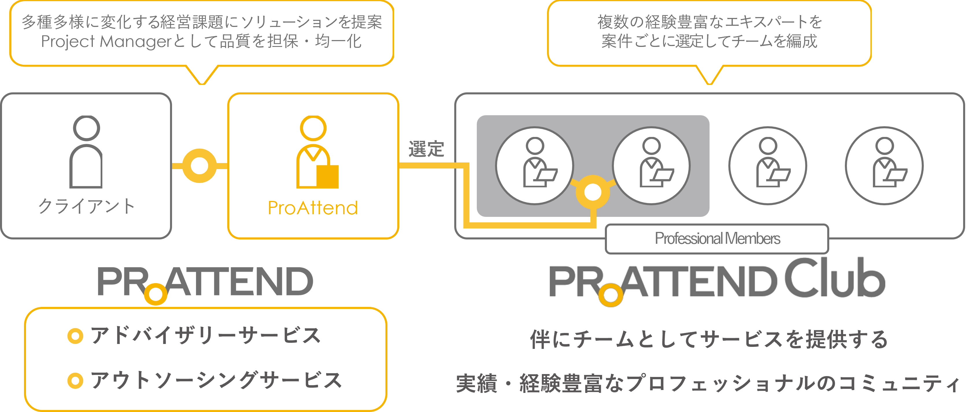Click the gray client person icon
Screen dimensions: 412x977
point(86,152)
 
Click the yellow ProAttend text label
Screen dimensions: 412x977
point(313,208)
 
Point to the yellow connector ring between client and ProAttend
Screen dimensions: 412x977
point(200,166)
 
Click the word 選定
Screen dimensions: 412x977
point(426,149)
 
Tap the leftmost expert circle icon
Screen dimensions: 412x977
point(535,166)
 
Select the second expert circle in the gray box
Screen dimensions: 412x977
point(651,166)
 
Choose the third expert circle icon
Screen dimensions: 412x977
point(768,166)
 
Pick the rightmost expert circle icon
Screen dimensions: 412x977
point(884,166)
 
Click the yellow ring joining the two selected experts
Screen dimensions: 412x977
point(592,192)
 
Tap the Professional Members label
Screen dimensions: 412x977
point(717,239)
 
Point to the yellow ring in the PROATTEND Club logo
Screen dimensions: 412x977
point(611,295)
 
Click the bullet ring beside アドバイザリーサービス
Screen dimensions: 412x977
point(75,336)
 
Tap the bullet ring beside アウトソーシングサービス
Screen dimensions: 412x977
point(75,381)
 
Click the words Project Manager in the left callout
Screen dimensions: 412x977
point(107,41)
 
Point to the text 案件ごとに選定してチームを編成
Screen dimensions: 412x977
point(709,41)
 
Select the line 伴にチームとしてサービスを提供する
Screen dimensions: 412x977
point(709,339)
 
